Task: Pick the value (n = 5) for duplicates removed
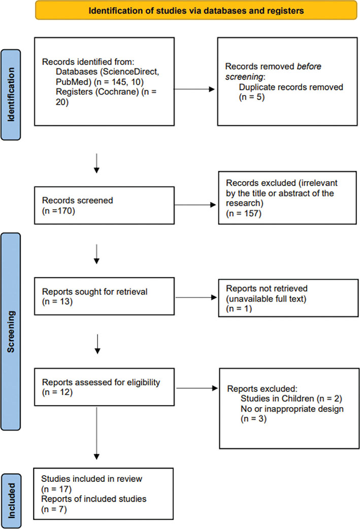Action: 252,96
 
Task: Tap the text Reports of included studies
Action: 94,499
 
